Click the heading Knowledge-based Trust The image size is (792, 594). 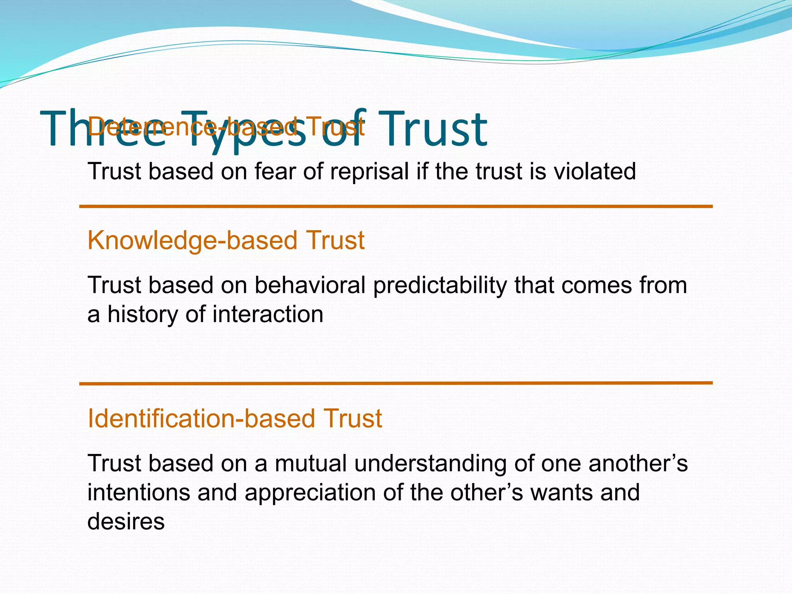[226, 240]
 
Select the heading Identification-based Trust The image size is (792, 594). [235, 418]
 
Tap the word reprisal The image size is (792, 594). [369, 171]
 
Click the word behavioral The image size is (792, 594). [310, 285]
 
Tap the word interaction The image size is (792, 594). [268, 314]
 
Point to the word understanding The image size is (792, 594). [430, 463]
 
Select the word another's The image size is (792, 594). [638, 463]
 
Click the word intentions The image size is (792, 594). [139, 492]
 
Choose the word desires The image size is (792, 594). [126, 521]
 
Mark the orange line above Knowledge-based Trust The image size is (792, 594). [396, 207]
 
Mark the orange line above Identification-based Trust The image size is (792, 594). [396, 383]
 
